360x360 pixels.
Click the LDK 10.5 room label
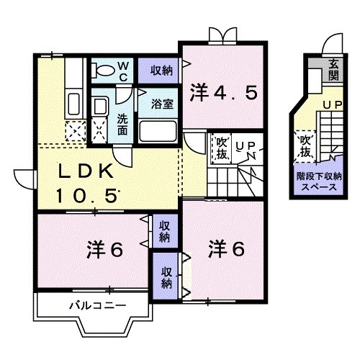pos(85,182)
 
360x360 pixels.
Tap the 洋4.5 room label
pos(223,92)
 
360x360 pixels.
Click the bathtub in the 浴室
pos(158,131)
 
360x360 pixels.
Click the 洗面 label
pos(123,125)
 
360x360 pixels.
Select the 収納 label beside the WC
pos(161,70)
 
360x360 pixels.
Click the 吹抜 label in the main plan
pos(220,150)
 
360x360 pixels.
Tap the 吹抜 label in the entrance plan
pos(305,146)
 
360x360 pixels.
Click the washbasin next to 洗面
pos(100,108)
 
